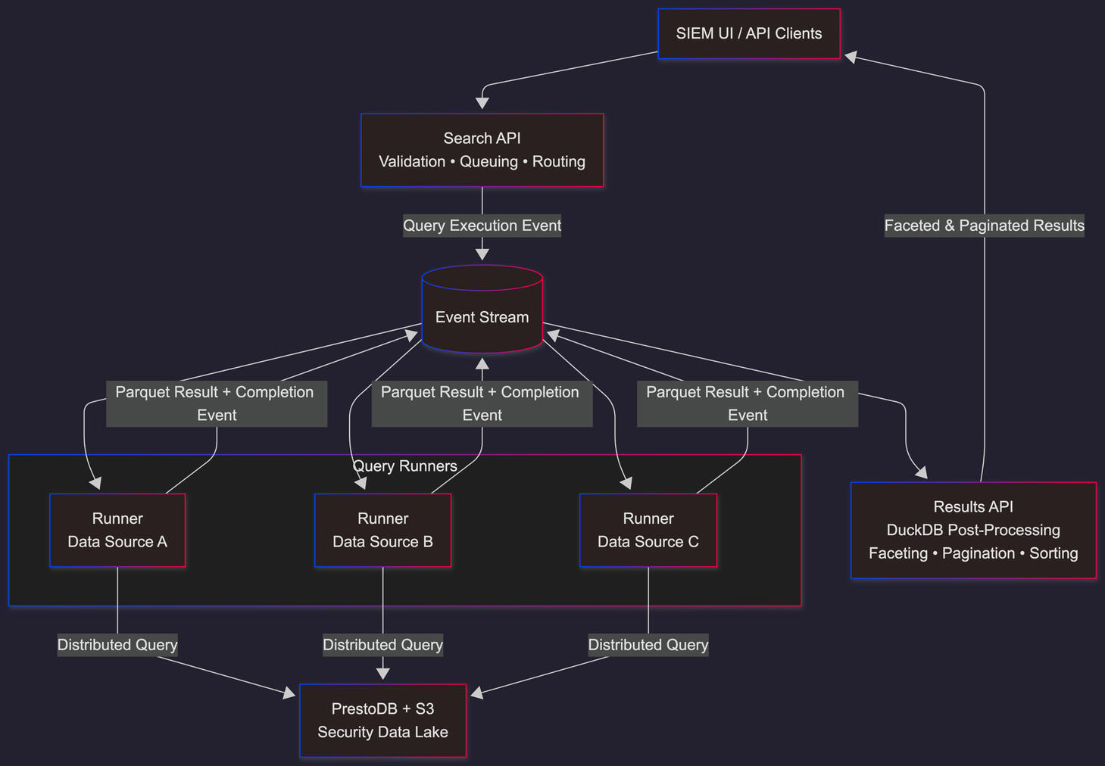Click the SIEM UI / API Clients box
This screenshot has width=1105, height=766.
point(748,33)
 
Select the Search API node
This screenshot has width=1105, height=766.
point(482,150)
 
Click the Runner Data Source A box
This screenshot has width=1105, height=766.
point(117,530)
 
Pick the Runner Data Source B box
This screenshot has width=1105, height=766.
point(382,530)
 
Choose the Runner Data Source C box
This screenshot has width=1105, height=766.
point(648,530)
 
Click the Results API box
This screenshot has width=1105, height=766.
point(973,530)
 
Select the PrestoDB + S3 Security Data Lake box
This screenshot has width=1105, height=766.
point(382,721)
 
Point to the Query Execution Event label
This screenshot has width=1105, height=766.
point(482,226)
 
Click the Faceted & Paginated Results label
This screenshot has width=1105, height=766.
point(984,226)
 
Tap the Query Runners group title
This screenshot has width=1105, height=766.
point(405,466)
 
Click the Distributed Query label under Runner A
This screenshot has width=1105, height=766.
point(117,645)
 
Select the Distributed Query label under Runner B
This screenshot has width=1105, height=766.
point(382,645)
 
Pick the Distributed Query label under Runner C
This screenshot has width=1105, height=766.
point(648,645)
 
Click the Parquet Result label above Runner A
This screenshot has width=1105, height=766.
point(216,403)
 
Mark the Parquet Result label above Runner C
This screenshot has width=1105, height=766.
point(747,403)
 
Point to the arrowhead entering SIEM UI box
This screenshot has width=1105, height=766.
point(851,57)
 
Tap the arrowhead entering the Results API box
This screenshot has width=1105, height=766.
point(921,473)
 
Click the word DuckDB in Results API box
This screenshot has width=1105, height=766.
point(913,530)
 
